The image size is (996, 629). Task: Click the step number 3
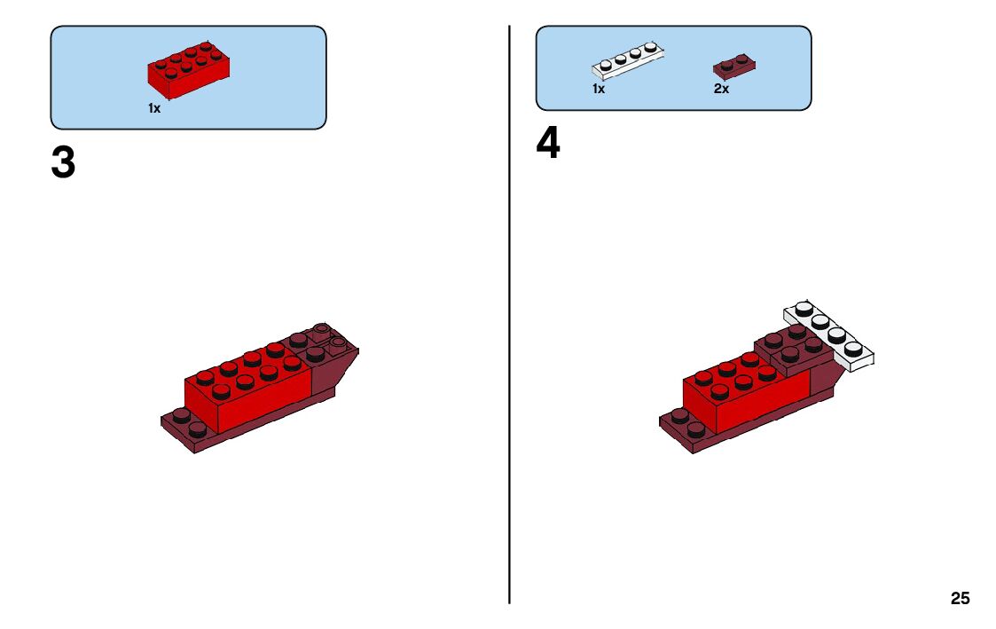(x=63, y=162)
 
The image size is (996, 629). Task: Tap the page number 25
(x=960, y=598)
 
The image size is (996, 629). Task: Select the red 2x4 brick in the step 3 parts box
(x=189, y=70)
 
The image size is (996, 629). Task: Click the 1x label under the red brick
(x=154, y=108)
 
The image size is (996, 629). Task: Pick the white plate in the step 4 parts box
(x=628, y=60)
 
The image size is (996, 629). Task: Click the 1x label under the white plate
(x=599, y=89)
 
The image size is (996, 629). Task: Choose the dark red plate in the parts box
(x=734, y=66)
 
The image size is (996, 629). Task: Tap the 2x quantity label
(x=721, y=89)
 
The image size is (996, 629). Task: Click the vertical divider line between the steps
(x=509, y=314)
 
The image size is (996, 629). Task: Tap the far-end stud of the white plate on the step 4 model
(x=804, y=308)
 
